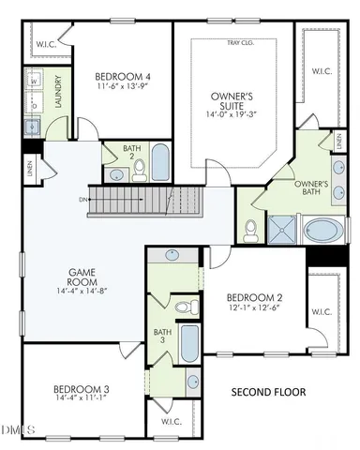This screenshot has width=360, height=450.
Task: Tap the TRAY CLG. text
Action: (239, 43)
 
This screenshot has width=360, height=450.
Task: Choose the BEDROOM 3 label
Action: (81, 388)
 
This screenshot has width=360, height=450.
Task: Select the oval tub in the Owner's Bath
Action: (324, 231)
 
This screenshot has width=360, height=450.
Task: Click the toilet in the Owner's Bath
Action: (251, 228)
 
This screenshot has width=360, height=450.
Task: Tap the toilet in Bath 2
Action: (140, 168)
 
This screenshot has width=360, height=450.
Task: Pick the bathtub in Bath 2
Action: (160, 161)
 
